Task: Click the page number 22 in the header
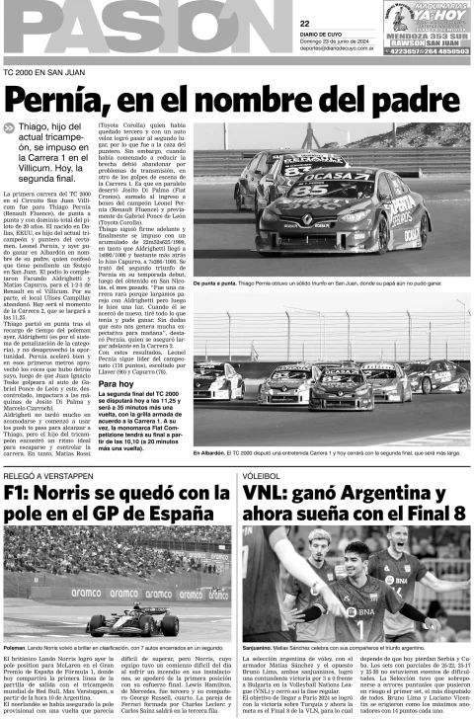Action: click(305, 23)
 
